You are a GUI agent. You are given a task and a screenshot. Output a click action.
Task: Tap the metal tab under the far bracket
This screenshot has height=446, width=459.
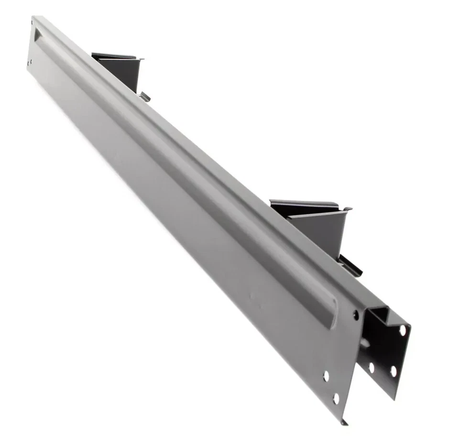(x=144, y=97)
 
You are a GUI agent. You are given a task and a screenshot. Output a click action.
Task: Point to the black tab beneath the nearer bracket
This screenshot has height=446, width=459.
(x=350, y=265)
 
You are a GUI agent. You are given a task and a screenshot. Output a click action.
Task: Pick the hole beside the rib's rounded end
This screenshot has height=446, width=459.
(x=356, y=314)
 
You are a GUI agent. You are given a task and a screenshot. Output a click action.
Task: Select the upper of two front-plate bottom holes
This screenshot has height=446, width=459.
(x=326, y=376)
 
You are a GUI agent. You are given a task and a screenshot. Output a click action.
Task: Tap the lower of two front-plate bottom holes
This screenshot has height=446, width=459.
(x=336, y=398)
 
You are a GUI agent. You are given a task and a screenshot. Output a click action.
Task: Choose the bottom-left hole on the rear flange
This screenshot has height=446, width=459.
(x=372, y=368)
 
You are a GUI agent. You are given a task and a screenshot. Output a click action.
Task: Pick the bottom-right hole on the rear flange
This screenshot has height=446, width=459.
(x=393, y=371)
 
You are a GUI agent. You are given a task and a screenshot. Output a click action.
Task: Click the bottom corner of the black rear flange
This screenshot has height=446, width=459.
(x=395, y=398)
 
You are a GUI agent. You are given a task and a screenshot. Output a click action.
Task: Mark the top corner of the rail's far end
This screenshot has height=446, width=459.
(x=33, y=17)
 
